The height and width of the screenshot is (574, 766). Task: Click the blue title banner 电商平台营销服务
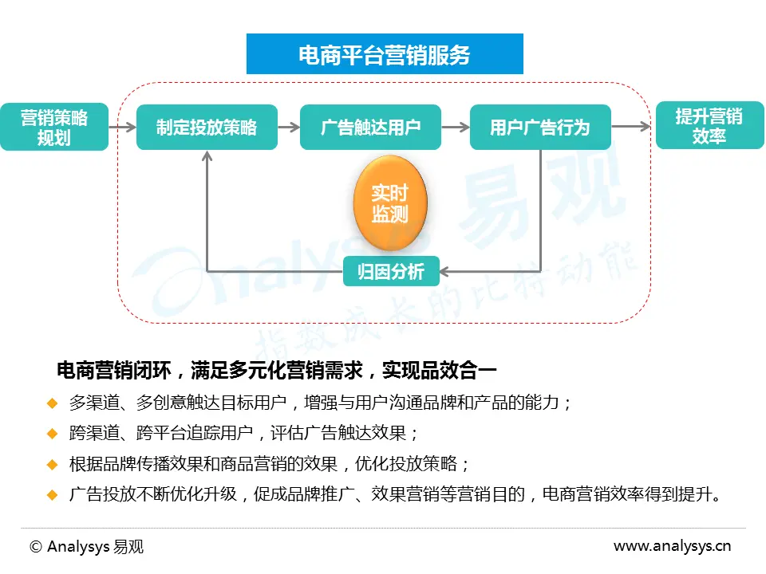coord(385,54)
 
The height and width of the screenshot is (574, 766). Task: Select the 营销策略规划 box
coord(54,128)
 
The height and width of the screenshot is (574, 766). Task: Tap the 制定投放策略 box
coord(207,128)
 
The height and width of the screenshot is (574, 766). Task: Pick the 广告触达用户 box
coord(370,128)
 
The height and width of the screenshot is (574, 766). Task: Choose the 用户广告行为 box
coord(539,128)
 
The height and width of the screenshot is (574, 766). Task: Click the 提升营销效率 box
coord(709,126)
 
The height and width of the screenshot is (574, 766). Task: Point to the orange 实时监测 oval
coord(390,203)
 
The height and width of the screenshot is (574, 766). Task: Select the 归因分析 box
coord(391,272)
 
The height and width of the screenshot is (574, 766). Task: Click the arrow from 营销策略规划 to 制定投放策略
coord(122,127)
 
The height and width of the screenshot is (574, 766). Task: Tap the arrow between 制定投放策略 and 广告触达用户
coord(289,127)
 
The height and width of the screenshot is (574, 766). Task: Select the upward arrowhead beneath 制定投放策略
coord(207,156)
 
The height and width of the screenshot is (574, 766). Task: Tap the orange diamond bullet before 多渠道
coord(53,403)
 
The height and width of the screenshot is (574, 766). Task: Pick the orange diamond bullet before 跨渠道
coord(53,433)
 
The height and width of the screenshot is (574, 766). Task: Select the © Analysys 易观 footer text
coord(86,547)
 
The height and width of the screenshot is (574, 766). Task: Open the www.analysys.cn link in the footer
coord(672,547)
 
